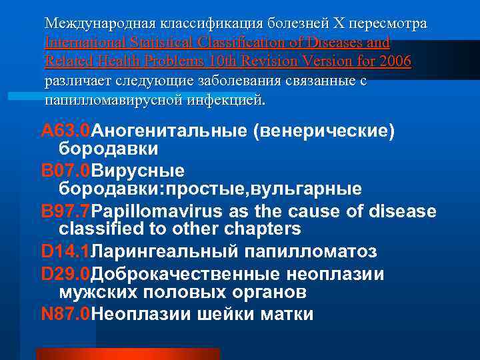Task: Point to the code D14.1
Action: point(65,252)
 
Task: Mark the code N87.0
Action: point(65,314)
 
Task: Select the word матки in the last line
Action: point(283,314)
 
